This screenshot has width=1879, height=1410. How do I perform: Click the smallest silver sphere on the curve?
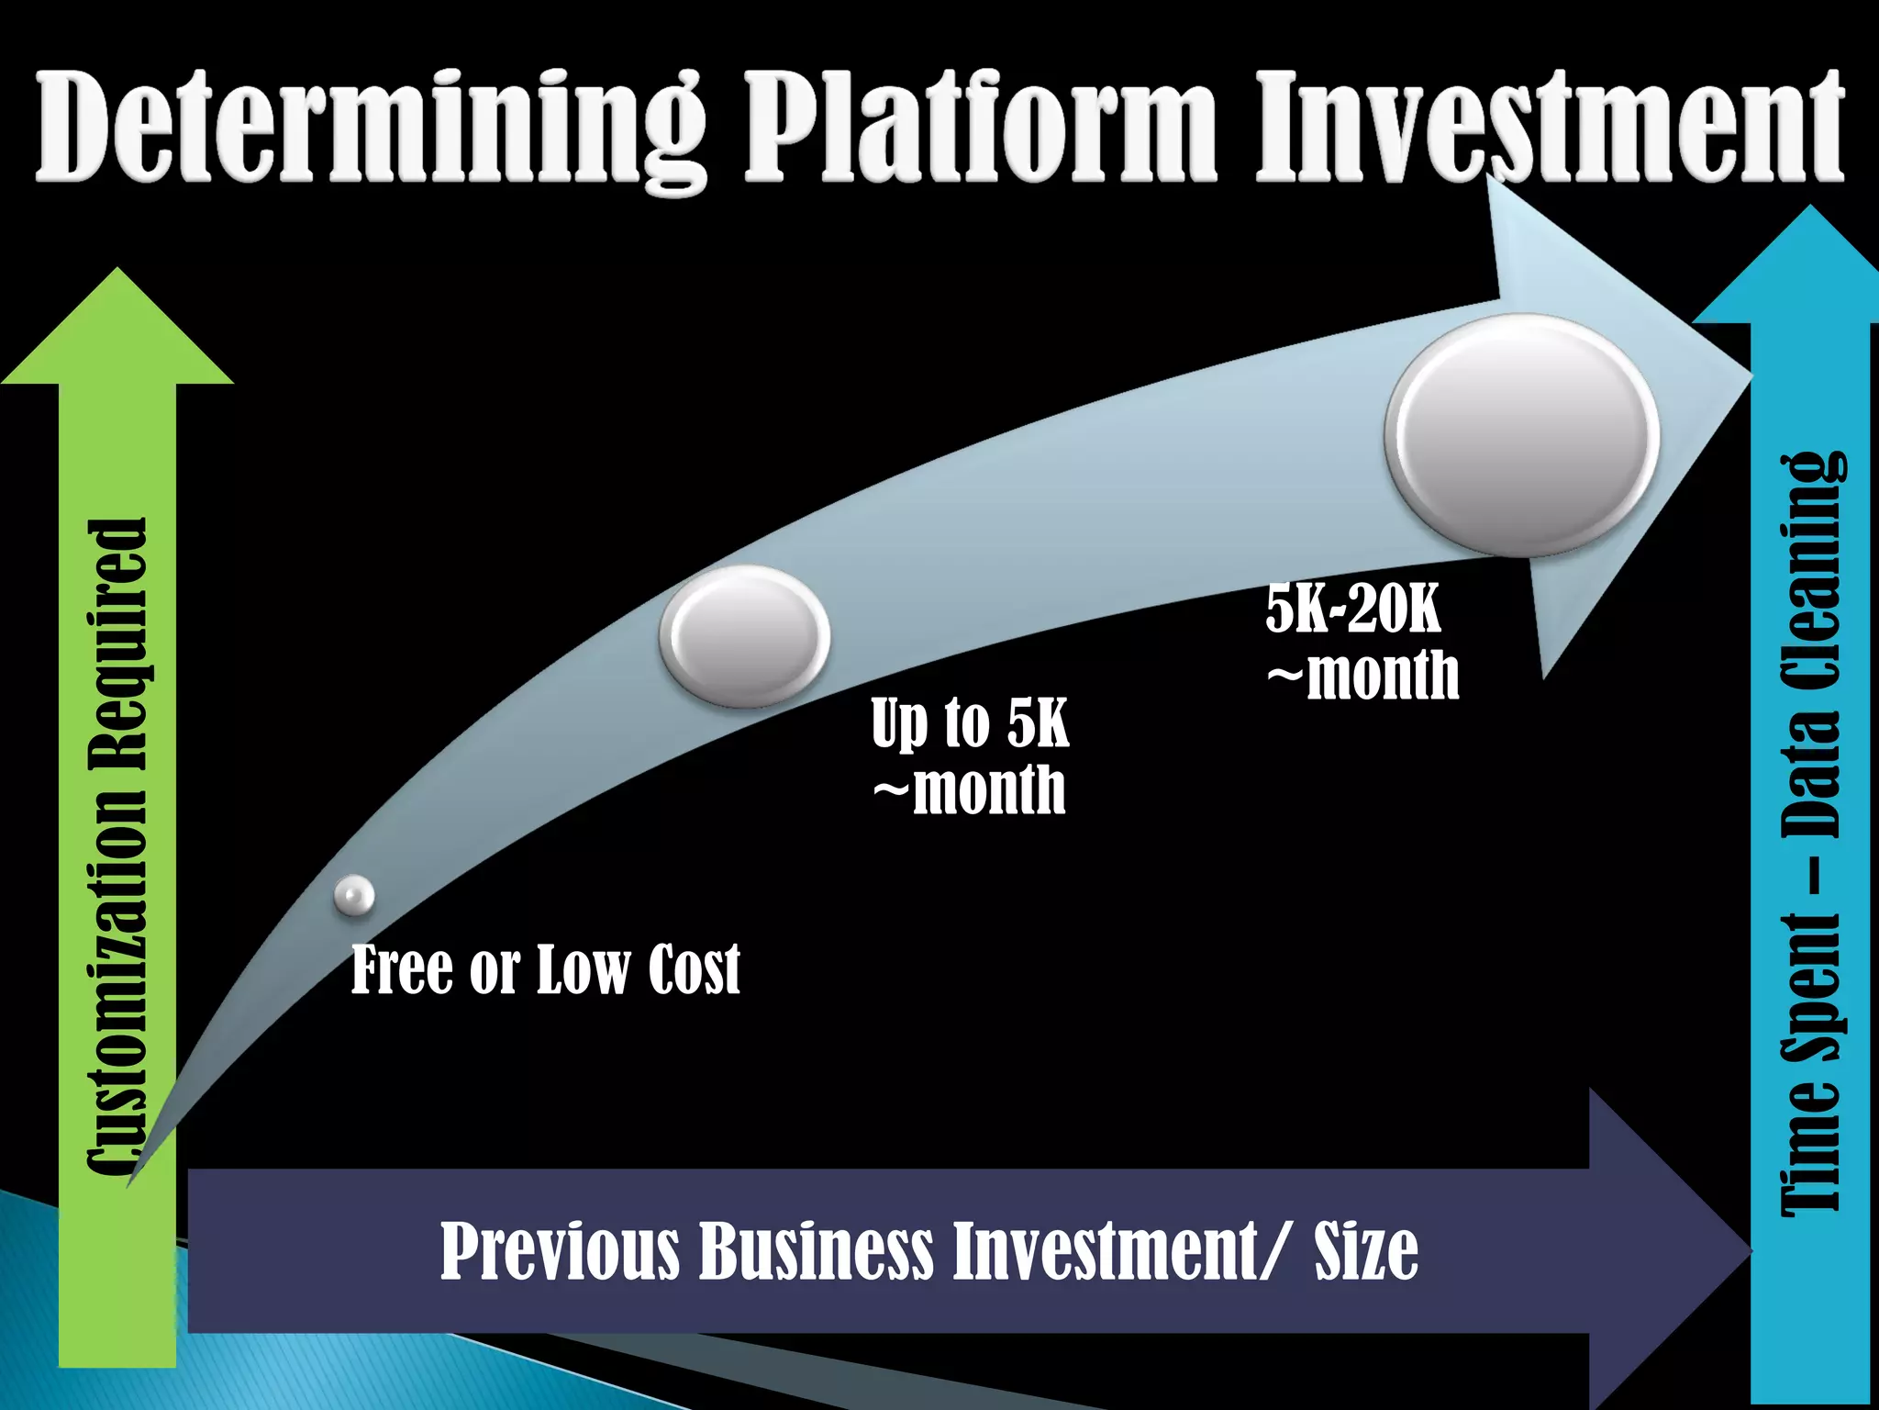coord(354,895)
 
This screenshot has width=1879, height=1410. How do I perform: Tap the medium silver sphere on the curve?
coord(745,636)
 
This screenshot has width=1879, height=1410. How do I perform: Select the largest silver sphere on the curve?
coord(1522,435)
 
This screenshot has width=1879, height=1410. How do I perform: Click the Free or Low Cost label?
coord(545,969)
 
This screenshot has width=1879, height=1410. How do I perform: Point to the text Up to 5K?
coord(970,723)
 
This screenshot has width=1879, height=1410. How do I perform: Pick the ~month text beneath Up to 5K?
coord(970,789)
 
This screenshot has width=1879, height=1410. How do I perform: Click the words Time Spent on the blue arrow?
coord(1811,1065)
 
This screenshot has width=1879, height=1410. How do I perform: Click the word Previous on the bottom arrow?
coord(559,1250)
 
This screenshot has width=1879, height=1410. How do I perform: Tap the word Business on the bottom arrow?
coord(816,1250)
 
